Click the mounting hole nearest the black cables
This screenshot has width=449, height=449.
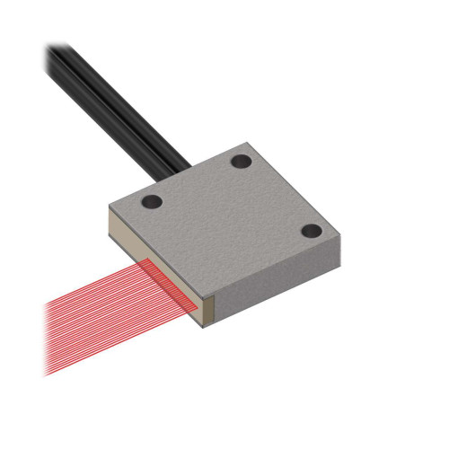pyautogui.click(x=241, y=162)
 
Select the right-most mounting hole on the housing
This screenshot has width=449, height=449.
pyautogui.click(x=312, y=231)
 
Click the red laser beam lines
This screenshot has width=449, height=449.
pyautogui.click(x=99, y=314)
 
